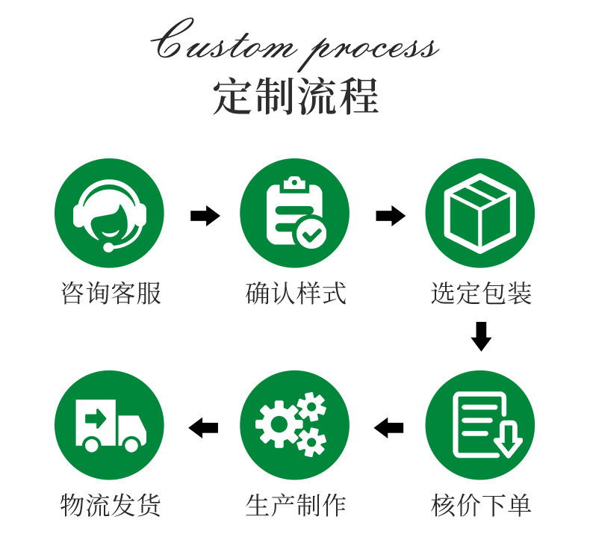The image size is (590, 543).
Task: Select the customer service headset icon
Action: pos(110,213)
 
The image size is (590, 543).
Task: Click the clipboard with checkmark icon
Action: pos(294,213)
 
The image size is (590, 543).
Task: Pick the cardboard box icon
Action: pos(479,213)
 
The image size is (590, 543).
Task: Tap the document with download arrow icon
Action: pos(479,424)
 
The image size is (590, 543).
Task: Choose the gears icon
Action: pos(294,424)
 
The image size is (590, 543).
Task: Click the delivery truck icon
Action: pos(110,424)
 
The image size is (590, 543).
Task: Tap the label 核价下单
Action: pos(481,506)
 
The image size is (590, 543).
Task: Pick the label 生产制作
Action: pos(296,506)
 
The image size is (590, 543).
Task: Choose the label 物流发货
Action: pos(111,506)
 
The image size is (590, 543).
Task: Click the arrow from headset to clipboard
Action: pos(205,216)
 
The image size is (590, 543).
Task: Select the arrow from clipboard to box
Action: pos(390,216)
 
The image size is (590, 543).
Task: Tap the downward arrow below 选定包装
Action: pos(481,335)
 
